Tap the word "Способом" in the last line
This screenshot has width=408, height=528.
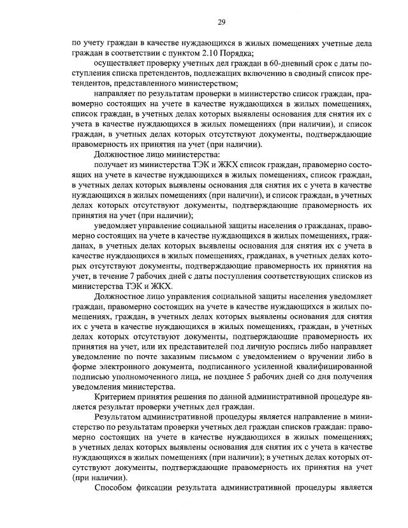pos(115,490)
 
